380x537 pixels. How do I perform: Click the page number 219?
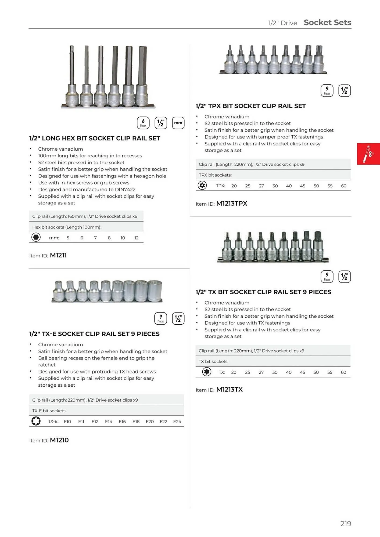click(x=346, y=524)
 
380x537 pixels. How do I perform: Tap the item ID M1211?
click(x=58, y=255)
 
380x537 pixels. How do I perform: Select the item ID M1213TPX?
click(x=232, y=204)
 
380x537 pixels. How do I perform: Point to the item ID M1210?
click(x=59, y=440)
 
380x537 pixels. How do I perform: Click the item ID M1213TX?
click(x=230, y=390)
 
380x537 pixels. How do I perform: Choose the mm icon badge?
click(x=178, y=123)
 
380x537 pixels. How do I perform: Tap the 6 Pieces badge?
click(x=143, y=123)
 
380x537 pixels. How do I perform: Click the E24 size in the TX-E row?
click(x=177, y=422)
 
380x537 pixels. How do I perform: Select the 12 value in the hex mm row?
click(x=137, y=238)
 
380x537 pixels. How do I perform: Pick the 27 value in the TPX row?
click(x=261, y=186)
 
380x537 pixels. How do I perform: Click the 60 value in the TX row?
click(x=343, y=372)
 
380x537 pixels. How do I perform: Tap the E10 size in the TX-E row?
click(x=67, y=422)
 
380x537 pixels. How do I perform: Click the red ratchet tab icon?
click(x=368, y=154)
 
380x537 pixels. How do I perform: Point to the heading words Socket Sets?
click(x=327, y=23)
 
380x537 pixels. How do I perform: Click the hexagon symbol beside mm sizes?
click(x=36, y=237)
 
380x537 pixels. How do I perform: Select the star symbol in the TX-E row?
click(x=36, y=421)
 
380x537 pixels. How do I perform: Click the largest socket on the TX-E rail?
click(x=155, y=291)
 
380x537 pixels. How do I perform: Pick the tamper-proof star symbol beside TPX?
click(x=202, y=185)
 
